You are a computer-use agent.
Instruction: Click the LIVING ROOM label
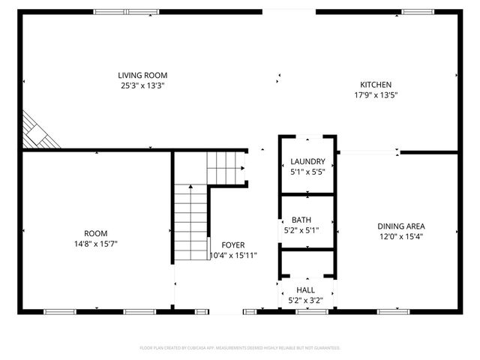[x=142, y=75]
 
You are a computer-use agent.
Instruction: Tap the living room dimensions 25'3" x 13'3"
[x=142, y=85]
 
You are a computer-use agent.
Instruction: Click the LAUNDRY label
[x=307, y=161]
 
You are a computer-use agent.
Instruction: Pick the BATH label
[x=301, y=220]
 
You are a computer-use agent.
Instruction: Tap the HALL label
[x=305, y=290]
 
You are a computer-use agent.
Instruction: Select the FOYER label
[x=232, y=245]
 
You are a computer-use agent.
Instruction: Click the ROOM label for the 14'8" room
[x=97, y=233]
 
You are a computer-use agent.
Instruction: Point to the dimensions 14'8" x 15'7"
[x=97, y=244]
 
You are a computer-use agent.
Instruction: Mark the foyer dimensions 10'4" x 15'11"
[x=232, y=256]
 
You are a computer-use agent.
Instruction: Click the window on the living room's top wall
[x=126, y=12]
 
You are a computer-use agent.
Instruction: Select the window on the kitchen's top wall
[x=417, y=12]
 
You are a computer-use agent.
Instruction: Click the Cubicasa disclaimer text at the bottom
[x=240, y=348]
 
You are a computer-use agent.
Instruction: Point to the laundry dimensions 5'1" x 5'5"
[x=307, y=172]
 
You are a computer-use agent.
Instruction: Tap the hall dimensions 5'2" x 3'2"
[x=305, y=301]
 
